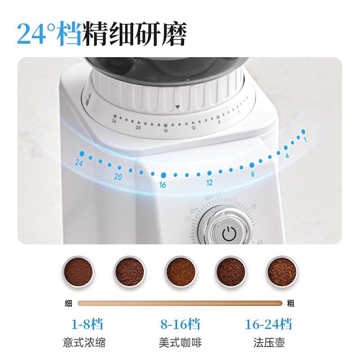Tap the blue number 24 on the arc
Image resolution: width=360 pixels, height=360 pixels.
point(80,162)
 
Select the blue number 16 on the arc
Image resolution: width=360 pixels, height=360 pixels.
point(162,184)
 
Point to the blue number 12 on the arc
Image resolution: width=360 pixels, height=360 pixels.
point(209,183)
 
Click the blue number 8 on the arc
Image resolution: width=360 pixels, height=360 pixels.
point(252,174)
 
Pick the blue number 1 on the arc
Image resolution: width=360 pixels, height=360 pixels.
point(305,139)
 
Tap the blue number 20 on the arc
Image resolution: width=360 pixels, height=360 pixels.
point(118,177)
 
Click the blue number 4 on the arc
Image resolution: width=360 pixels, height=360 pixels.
point(287,156)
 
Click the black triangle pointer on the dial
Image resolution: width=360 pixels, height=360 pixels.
point(177,107)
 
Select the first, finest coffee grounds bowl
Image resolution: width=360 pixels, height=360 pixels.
point(78,271)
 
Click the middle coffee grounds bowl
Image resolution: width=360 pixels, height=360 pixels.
point(180,271)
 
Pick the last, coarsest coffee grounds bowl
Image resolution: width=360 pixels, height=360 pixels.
point(282,271)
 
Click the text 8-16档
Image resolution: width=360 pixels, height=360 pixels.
point(180,324)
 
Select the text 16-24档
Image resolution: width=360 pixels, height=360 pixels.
point(269,324)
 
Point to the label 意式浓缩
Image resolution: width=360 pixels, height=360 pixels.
point(84,342)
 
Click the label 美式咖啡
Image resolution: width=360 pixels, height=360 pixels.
point(180,342)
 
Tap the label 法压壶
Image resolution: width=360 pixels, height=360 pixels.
point(269,342)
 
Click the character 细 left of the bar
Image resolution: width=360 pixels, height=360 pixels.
point(68,303)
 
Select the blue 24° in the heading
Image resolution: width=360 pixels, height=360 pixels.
point(42,34)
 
